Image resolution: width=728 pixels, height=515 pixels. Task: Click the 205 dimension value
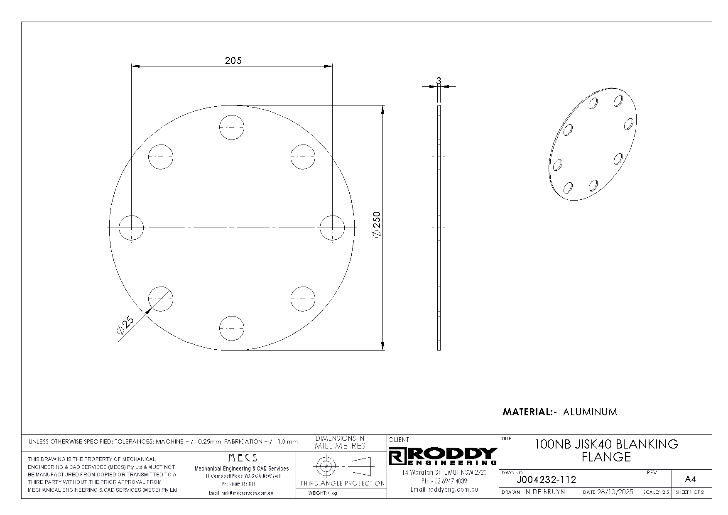pos(233,61)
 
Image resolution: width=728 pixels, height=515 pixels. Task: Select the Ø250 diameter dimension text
pos(376,225)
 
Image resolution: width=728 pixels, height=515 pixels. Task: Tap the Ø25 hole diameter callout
pos(125,325)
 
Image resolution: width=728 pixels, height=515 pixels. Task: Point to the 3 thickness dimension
pos(439,81)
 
